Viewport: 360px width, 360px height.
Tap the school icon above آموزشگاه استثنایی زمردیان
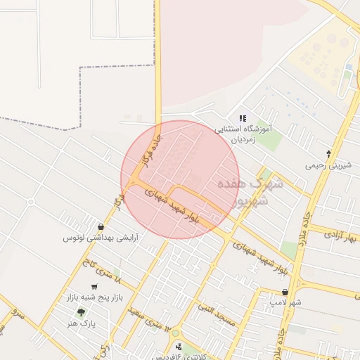pos(243,118)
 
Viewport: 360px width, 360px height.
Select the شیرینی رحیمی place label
pos(328,166)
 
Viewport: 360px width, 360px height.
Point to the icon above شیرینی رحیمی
pos(328,153)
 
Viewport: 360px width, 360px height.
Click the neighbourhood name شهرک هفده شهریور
pos(251,191)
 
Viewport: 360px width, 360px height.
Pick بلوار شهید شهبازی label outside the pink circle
pos(261,257)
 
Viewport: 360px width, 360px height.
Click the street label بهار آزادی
pos(342,237)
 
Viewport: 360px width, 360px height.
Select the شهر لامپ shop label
pos(285,302)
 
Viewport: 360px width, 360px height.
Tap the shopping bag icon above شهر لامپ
pos(285,291)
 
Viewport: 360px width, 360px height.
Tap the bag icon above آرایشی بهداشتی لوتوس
pos(102,226)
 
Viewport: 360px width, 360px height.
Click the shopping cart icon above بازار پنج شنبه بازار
pos(94,286)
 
